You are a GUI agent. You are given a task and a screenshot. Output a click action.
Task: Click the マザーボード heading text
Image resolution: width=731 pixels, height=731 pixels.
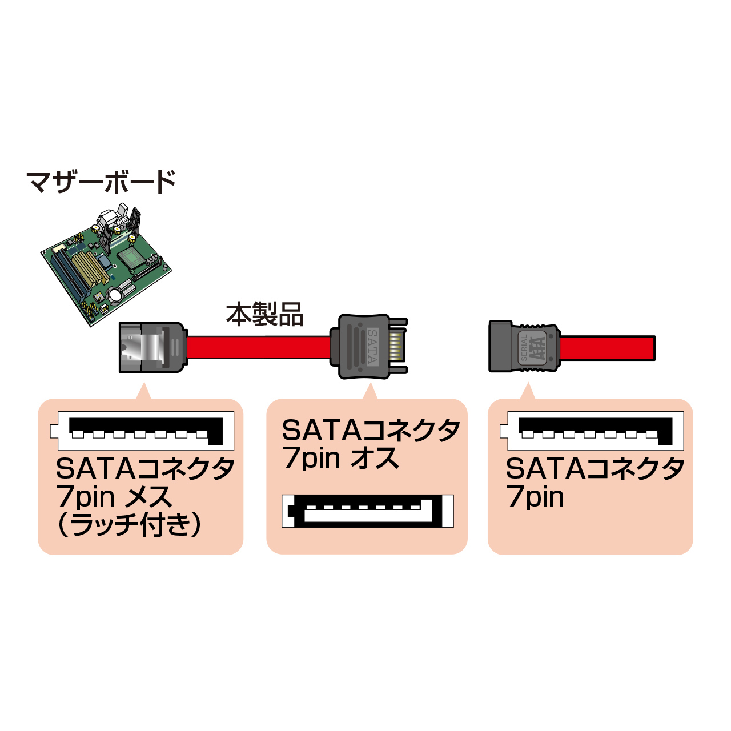click(101, 182)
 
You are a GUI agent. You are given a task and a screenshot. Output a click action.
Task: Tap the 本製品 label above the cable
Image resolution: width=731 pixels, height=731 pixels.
click(264, 315)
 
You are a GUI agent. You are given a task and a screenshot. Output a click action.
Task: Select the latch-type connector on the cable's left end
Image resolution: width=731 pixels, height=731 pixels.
click(151, 347)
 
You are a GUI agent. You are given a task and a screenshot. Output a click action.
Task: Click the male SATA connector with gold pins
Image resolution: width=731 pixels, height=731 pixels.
click(365, 346)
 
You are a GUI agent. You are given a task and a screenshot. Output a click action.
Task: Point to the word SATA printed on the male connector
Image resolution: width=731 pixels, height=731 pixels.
click(372, 346)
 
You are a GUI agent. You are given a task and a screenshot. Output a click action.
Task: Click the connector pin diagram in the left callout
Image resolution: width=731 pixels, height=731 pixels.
click(142, 432)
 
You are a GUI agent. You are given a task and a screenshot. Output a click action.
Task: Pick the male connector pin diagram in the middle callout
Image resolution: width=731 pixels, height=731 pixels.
click(368, 511)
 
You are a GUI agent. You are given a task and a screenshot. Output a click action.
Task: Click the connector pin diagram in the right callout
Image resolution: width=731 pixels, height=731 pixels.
click(592, 432)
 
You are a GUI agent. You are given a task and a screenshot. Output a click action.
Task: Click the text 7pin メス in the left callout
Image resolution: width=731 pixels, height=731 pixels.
click(114, 497)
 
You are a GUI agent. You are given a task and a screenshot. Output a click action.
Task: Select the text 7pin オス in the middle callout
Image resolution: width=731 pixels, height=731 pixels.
click(340, 459)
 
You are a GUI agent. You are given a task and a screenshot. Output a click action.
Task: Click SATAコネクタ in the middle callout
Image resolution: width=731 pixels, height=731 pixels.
click(371, 431)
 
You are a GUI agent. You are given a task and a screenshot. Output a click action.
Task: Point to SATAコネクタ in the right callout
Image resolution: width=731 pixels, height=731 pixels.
click(595, 469)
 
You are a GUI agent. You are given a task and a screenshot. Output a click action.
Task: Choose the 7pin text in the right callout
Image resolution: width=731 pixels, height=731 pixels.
click(535, 497)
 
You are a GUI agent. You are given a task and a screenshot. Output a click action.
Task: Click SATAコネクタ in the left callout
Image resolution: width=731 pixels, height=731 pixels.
click(145, 469)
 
